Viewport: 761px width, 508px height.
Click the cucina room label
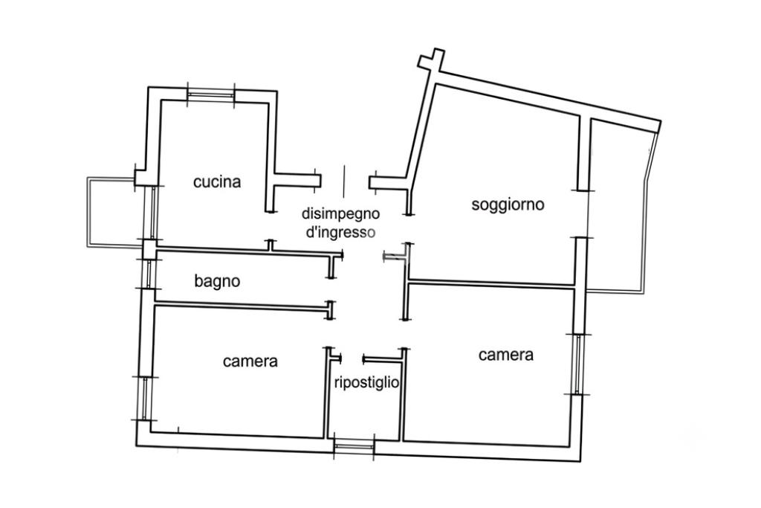217,182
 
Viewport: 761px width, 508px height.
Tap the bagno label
217,281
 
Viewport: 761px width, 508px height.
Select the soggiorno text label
508,205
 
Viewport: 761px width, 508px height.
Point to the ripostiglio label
366,383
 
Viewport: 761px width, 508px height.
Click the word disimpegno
340,213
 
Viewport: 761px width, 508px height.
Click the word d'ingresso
340,232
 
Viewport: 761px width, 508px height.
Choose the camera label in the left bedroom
250,361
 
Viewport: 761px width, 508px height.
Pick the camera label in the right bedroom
505,355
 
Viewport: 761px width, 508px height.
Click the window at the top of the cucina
210,95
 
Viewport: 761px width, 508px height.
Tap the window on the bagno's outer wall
149,274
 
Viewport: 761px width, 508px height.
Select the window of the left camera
145,398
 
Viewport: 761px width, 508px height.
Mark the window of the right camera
577,364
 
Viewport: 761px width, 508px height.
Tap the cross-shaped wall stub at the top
432,62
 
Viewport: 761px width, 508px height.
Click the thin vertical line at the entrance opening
344,181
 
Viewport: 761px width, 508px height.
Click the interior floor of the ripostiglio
364,413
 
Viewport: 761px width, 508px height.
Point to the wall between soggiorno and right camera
491,284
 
